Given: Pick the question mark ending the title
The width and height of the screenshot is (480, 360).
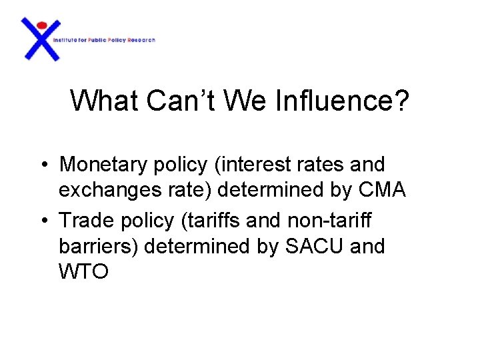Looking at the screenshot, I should [402, 101].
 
